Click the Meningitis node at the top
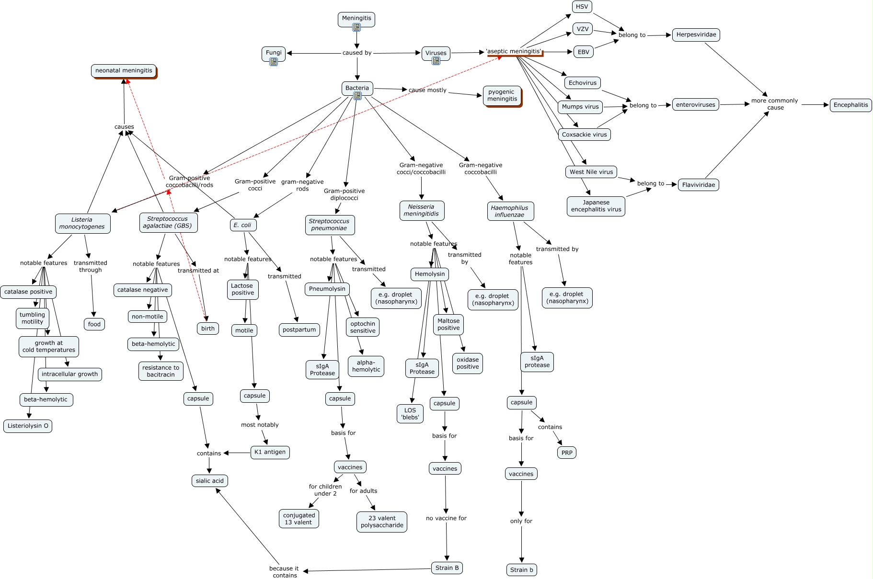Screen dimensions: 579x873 [356, 18]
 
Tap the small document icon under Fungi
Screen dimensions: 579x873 [274, 62]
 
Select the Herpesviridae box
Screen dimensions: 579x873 [696, 35]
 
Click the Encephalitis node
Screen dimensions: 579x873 [850, 105]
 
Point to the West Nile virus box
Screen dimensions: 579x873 [591, 172]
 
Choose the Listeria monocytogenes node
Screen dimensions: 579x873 [82, 224]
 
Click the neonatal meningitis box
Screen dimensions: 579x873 [124, 71]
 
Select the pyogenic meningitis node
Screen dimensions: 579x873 [502, 96]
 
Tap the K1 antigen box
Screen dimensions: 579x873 [270, 452]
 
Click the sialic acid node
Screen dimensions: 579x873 [209, 481]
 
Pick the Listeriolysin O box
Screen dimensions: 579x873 [28, 426]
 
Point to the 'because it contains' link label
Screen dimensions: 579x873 [284, 572]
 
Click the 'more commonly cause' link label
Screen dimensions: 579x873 [775, 104]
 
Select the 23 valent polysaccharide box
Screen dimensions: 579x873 [382, 522]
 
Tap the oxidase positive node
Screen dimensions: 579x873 [467, 363]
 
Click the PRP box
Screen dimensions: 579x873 [566, 453]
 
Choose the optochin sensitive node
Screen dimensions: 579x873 [363, 327]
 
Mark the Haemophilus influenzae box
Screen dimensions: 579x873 [509, 211]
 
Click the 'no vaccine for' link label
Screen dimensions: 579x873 [446, 518]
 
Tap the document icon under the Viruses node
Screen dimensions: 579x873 [436, 61]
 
